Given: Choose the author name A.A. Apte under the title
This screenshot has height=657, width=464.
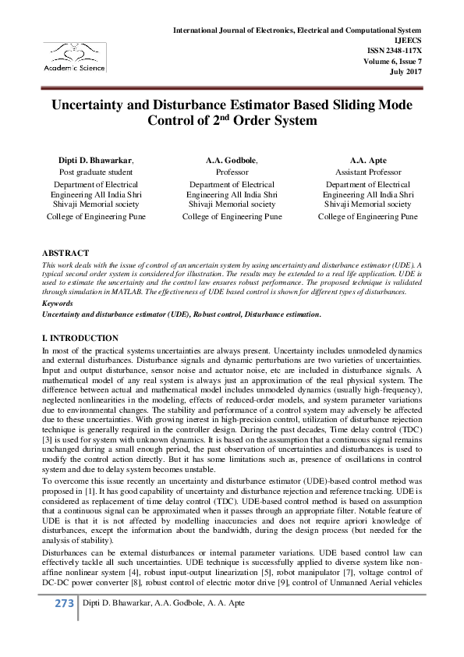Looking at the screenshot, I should [367, 160].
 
